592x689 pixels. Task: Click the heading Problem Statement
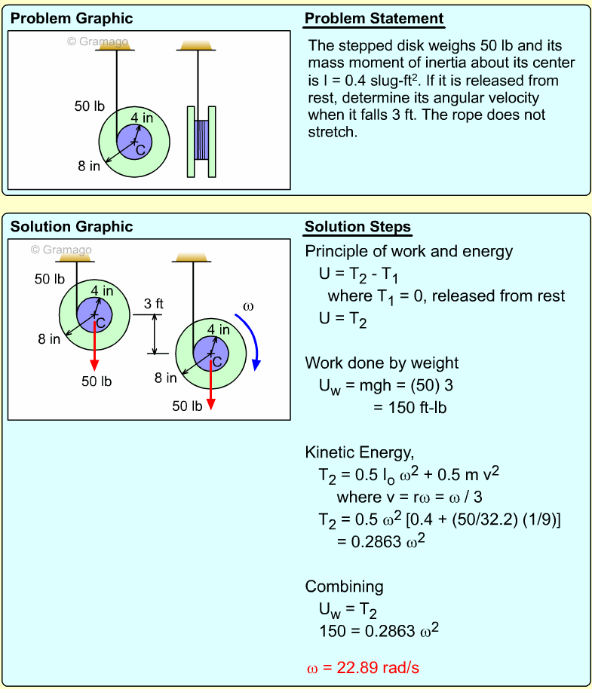click(x=374, y=19)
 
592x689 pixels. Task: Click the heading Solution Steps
click(x=357, y=227)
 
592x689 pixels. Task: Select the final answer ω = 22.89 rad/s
click(x=368, y=668)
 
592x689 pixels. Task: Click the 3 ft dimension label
click(x=154, y=304)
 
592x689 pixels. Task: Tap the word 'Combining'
click(x=344, y=586)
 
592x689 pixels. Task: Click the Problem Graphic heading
click(x=72, y=19)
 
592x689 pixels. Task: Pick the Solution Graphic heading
click(x=72, y=227)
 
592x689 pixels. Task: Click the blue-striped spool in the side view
click(x=201, y=141)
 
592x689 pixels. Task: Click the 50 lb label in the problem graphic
click(x=89, y=106)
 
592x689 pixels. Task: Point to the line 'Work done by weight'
click(x=382, y=363)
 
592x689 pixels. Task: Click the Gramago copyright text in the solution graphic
click(x=61, y=250)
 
